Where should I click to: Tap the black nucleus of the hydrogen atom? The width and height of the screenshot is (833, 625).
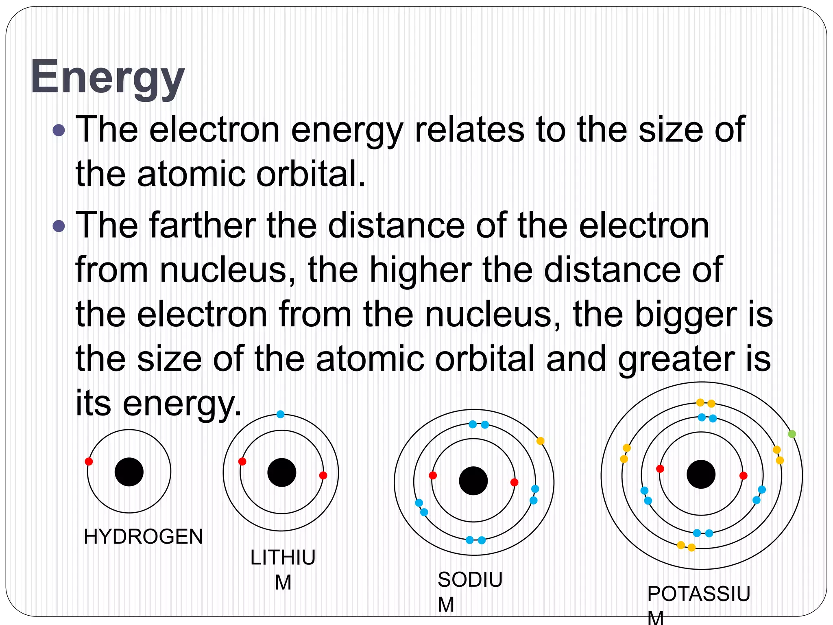[x=129, y=472]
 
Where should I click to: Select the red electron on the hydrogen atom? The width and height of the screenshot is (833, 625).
[x=89, y=461]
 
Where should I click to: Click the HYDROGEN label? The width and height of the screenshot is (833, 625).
[x=143, y=537]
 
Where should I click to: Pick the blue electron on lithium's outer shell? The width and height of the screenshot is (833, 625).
[x=280, y=414]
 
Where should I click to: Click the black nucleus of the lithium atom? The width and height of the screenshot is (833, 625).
[x=281, y=472]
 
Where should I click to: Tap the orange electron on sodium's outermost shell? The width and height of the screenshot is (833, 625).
[x=540, y=441]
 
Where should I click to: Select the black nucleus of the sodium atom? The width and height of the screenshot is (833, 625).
[x=473, y=481]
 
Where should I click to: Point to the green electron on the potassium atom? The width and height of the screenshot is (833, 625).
[x=792, y=434]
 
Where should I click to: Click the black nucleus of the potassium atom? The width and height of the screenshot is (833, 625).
[x=701, y=474]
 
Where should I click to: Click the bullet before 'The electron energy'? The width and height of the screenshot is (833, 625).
[x=59, y=130]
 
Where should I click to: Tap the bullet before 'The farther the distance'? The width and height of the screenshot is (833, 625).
[x=59, y=226]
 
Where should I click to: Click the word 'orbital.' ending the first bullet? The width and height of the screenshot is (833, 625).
[x=311, y=174]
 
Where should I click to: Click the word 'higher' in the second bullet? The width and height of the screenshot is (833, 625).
[x=421, y=270]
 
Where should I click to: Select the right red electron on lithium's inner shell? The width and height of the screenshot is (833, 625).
[x=323, y=475]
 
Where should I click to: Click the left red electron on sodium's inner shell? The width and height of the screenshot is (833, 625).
[x=433, y=475]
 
